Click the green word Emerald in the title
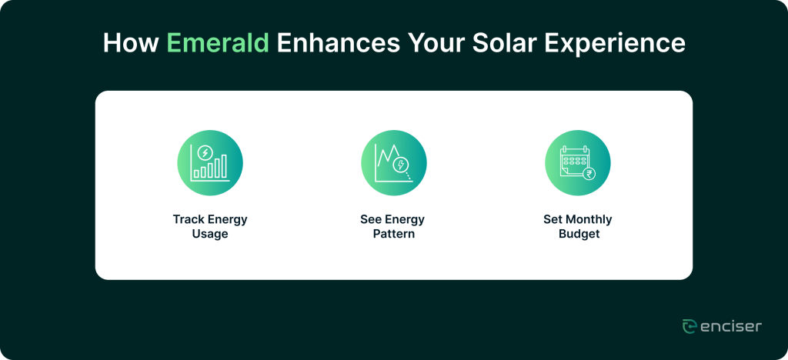coord(218,44)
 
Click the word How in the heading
coord(131,44)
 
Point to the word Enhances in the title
coord(339,44)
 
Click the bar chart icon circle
coord(210,162)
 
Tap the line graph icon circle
coord(394,162)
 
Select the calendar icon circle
coord(578,162)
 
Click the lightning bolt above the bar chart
coord(205,152)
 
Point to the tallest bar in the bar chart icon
coord(224,165)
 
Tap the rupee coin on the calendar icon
coord(588,174)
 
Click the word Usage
coord(210,235)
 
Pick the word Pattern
coord(394,235)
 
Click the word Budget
coord(579,235)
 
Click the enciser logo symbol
coord(689,326)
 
